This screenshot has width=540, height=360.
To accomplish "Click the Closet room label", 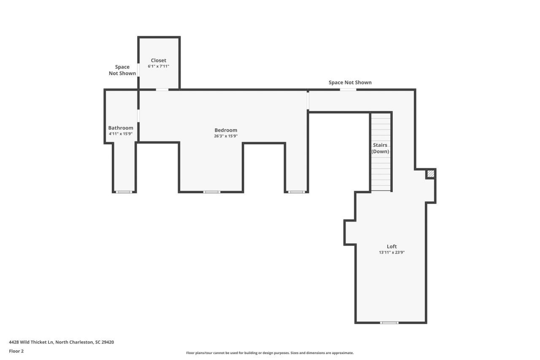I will (158, 60).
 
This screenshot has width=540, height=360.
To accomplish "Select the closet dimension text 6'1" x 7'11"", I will (158, 67).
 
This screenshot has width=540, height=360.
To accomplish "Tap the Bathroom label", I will (121, 128).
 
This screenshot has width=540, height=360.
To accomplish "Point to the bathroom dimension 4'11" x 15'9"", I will (121, 134).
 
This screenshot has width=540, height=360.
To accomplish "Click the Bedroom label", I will (226, 130).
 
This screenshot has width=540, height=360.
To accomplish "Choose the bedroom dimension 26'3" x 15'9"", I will (226, 136).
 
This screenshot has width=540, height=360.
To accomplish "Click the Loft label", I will (391, 246).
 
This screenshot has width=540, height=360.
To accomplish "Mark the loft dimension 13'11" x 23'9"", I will (391, 253).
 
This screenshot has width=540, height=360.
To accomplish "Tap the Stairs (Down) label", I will (380, 148).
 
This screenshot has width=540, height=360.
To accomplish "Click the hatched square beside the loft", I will (430, 173).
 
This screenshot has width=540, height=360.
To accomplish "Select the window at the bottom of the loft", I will (389, 323).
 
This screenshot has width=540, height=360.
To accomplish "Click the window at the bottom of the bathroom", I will (124, 192).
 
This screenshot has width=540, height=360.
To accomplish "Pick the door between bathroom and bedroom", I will (138, 116).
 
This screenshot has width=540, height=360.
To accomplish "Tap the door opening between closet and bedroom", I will (162, 89).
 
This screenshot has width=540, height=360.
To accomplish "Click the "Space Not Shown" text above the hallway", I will (350, 82).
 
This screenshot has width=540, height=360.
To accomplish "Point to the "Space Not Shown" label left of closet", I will (122, 70).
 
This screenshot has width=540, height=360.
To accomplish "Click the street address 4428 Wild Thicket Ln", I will (61, 342).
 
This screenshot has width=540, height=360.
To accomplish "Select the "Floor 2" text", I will (16, 351).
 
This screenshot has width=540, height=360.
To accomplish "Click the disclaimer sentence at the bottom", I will (270, 353).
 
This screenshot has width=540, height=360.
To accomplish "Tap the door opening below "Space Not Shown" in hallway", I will (348, 89).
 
